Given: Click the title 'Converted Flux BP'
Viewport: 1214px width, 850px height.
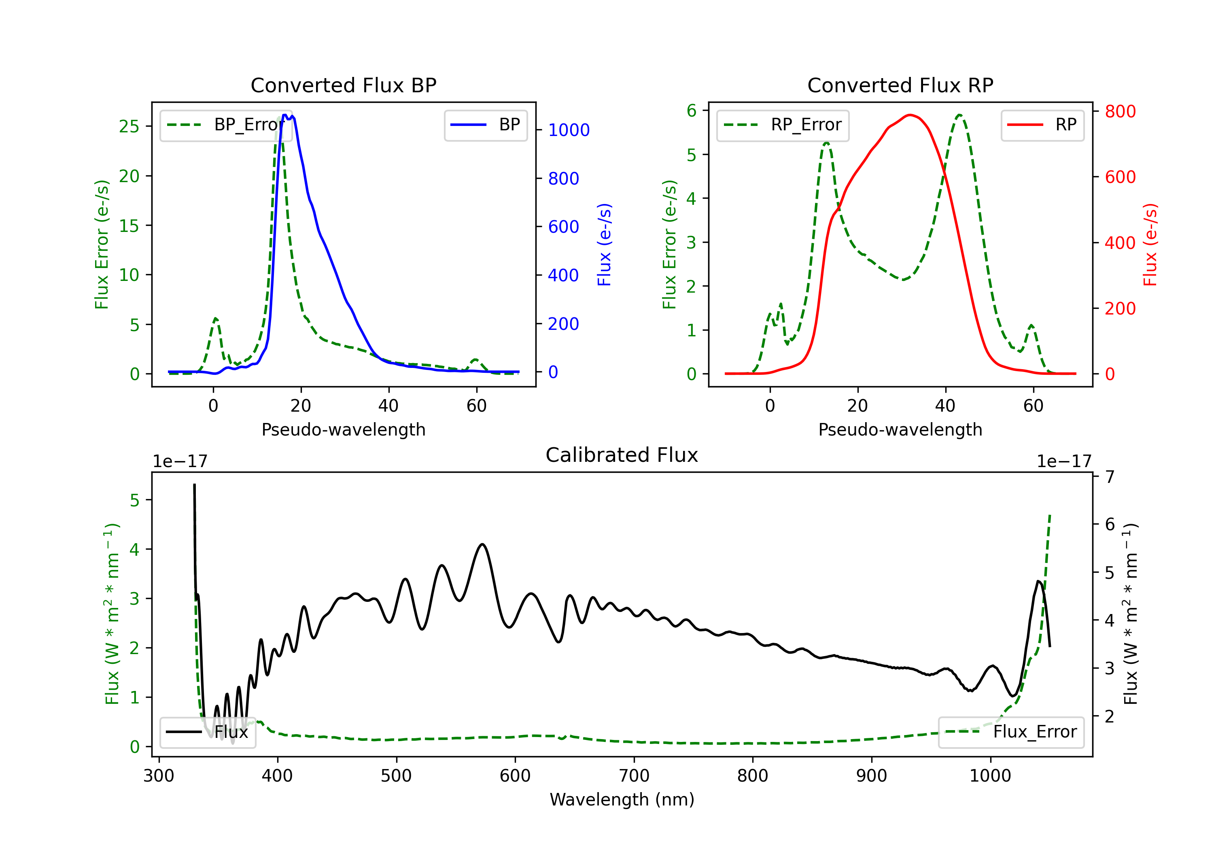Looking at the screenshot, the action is tap(343, 85).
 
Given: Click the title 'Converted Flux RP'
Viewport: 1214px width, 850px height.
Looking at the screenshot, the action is tap(900, 85).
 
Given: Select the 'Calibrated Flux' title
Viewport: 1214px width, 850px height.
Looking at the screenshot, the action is tap(622, 455).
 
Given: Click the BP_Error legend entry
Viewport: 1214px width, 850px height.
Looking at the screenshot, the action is tap(226, 125).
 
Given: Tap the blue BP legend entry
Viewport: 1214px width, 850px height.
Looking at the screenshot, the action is tap(485, 125).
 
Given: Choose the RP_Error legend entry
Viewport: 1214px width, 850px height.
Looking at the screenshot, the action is tap(783, 125).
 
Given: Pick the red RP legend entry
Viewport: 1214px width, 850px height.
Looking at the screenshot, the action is tap(1042, 125).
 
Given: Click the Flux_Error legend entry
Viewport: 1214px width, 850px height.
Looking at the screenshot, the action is tap(1010, 732).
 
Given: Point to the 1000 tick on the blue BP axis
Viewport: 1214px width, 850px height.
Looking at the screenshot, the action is tap(569, 130).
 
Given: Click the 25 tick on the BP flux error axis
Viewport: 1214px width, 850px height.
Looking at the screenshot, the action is tap(129, 126).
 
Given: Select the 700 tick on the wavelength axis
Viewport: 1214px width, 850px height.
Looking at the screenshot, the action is tap(634, 776).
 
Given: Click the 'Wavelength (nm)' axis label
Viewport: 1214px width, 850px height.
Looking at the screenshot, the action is tap(622, 800).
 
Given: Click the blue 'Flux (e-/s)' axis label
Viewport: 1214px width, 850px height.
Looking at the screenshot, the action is tap(604, 245).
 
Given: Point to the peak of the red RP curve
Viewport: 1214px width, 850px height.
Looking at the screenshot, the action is tap(909, 115).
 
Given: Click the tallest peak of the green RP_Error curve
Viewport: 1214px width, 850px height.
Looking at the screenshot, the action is tap(959, 115).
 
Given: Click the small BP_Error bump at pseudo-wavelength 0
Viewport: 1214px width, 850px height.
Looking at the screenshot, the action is tap(215, 319).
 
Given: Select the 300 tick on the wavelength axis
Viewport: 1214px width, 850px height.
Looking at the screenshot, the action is tap(159, 776).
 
